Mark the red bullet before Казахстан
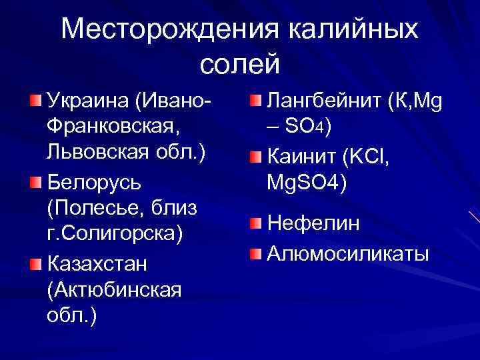pos(35,265)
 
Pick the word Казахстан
pos(97,264)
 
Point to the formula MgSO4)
pos(307,182)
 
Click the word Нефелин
pos(313,224)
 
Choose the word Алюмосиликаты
pos(347,254)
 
